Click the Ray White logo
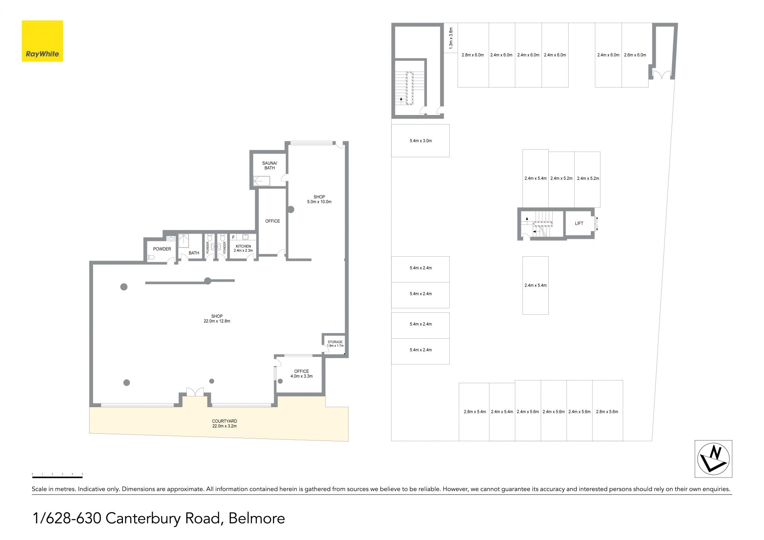[42, 41]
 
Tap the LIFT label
[579, 224]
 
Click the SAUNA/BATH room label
[270, 166]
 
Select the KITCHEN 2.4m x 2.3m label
[243, 248]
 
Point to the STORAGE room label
[335, 342]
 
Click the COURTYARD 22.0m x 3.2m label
[224, 423]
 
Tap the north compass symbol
[713, 459]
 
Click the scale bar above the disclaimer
[57, 476]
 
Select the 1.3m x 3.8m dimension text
[451, 38]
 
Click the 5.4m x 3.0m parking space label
[421, 141]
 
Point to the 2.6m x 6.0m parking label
[635, 55]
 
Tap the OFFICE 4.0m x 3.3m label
[302, 374]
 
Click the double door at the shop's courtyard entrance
[195, 392]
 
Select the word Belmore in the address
[257, 519]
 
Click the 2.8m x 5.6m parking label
[607, 412]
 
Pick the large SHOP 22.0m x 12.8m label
[217, 319]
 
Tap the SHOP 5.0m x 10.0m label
[319, 199]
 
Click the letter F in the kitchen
[234, 238]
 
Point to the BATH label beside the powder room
[194, 253]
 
